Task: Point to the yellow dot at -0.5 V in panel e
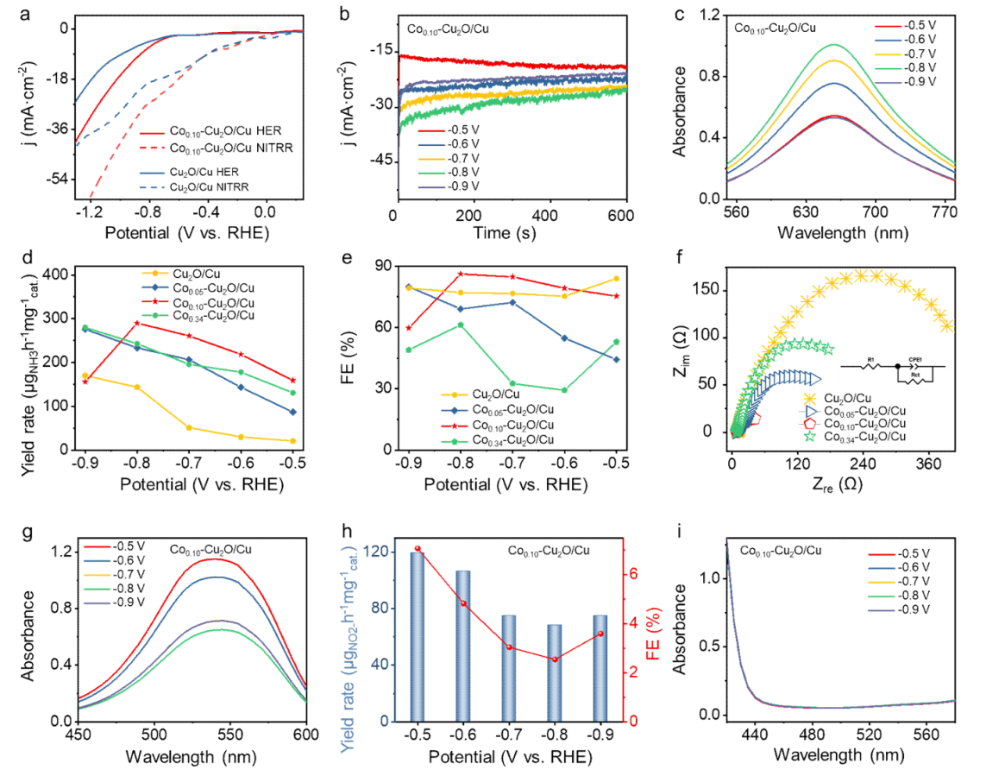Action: (616, 278)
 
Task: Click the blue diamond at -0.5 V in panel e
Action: (616, 359)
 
